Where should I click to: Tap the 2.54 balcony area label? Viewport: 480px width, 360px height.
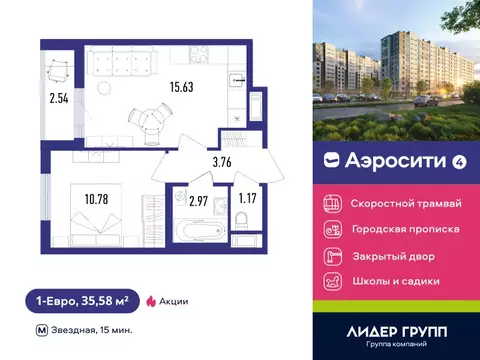click(x=59, y=98)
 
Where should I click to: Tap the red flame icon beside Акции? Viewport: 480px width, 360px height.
click(x=150, y=299)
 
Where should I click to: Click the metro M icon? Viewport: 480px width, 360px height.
click(x=40, y=330)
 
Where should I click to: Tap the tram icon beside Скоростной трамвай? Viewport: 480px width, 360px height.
click(x=332, y=203)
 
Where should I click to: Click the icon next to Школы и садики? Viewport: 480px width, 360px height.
click(x=332, y=281)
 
